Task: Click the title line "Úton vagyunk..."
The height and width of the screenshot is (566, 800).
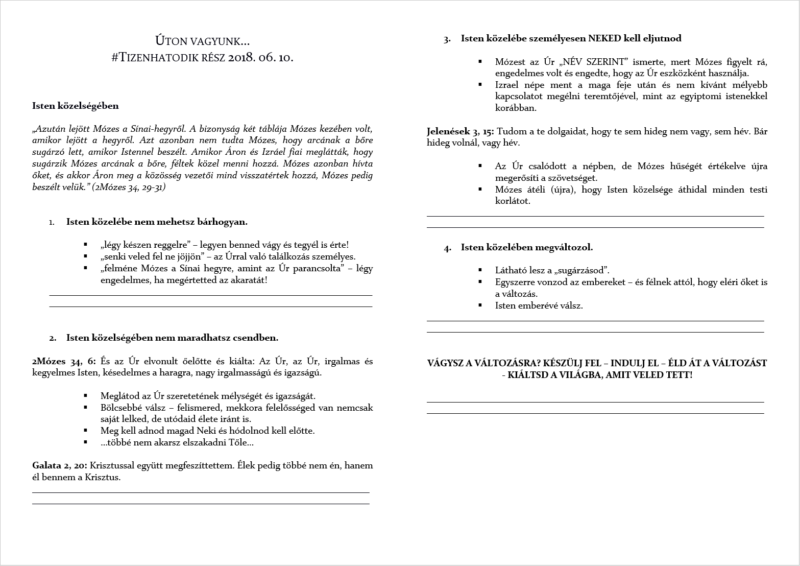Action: [202, 41]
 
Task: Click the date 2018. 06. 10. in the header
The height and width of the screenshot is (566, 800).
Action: [261, 57]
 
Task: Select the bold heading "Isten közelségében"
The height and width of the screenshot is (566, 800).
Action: [75, 106]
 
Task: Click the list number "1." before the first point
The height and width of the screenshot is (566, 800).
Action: [52, 222]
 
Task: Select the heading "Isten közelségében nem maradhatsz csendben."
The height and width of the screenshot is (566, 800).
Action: [172, 338]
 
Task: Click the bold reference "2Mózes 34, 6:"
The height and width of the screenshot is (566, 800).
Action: [64, 362]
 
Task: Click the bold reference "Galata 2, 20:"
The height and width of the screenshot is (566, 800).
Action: [60, 466]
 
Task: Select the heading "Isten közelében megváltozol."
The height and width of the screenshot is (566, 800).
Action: [527, 248]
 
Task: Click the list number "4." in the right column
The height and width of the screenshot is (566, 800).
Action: [448, 248]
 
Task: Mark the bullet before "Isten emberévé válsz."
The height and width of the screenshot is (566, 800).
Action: [480, 305]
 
